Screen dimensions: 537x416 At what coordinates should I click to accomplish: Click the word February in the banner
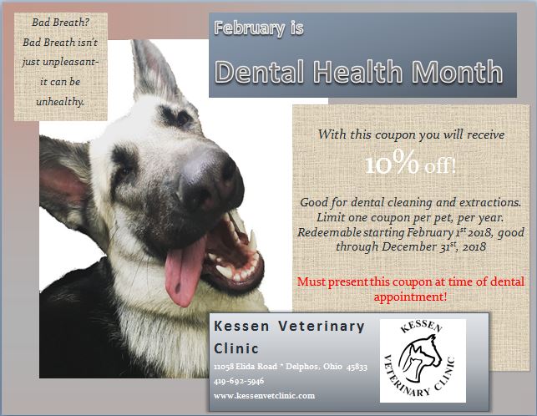coord(249,28)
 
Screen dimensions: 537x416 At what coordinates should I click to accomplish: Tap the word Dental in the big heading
coord(259,72)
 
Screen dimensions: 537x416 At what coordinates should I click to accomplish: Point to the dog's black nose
coord(211,178)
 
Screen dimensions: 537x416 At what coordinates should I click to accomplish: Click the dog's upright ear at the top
coord(155,70)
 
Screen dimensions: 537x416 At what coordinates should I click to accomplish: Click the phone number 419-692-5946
coord(239,381)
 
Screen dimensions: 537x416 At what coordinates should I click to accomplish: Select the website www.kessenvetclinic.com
coord(264,396)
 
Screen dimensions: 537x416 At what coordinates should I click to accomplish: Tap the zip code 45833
coord(357,367)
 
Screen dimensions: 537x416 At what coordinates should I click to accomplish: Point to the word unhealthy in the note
coord(60,102)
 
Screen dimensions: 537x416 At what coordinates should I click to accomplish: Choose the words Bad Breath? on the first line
coord(61,23)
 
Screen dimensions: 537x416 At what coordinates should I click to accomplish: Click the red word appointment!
coord(410,297)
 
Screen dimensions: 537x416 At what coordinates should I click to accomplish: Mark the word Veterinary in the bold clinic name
coord(321,327)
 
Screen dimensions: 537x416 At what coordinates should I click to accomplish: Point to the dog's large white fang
coord(253,241)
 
